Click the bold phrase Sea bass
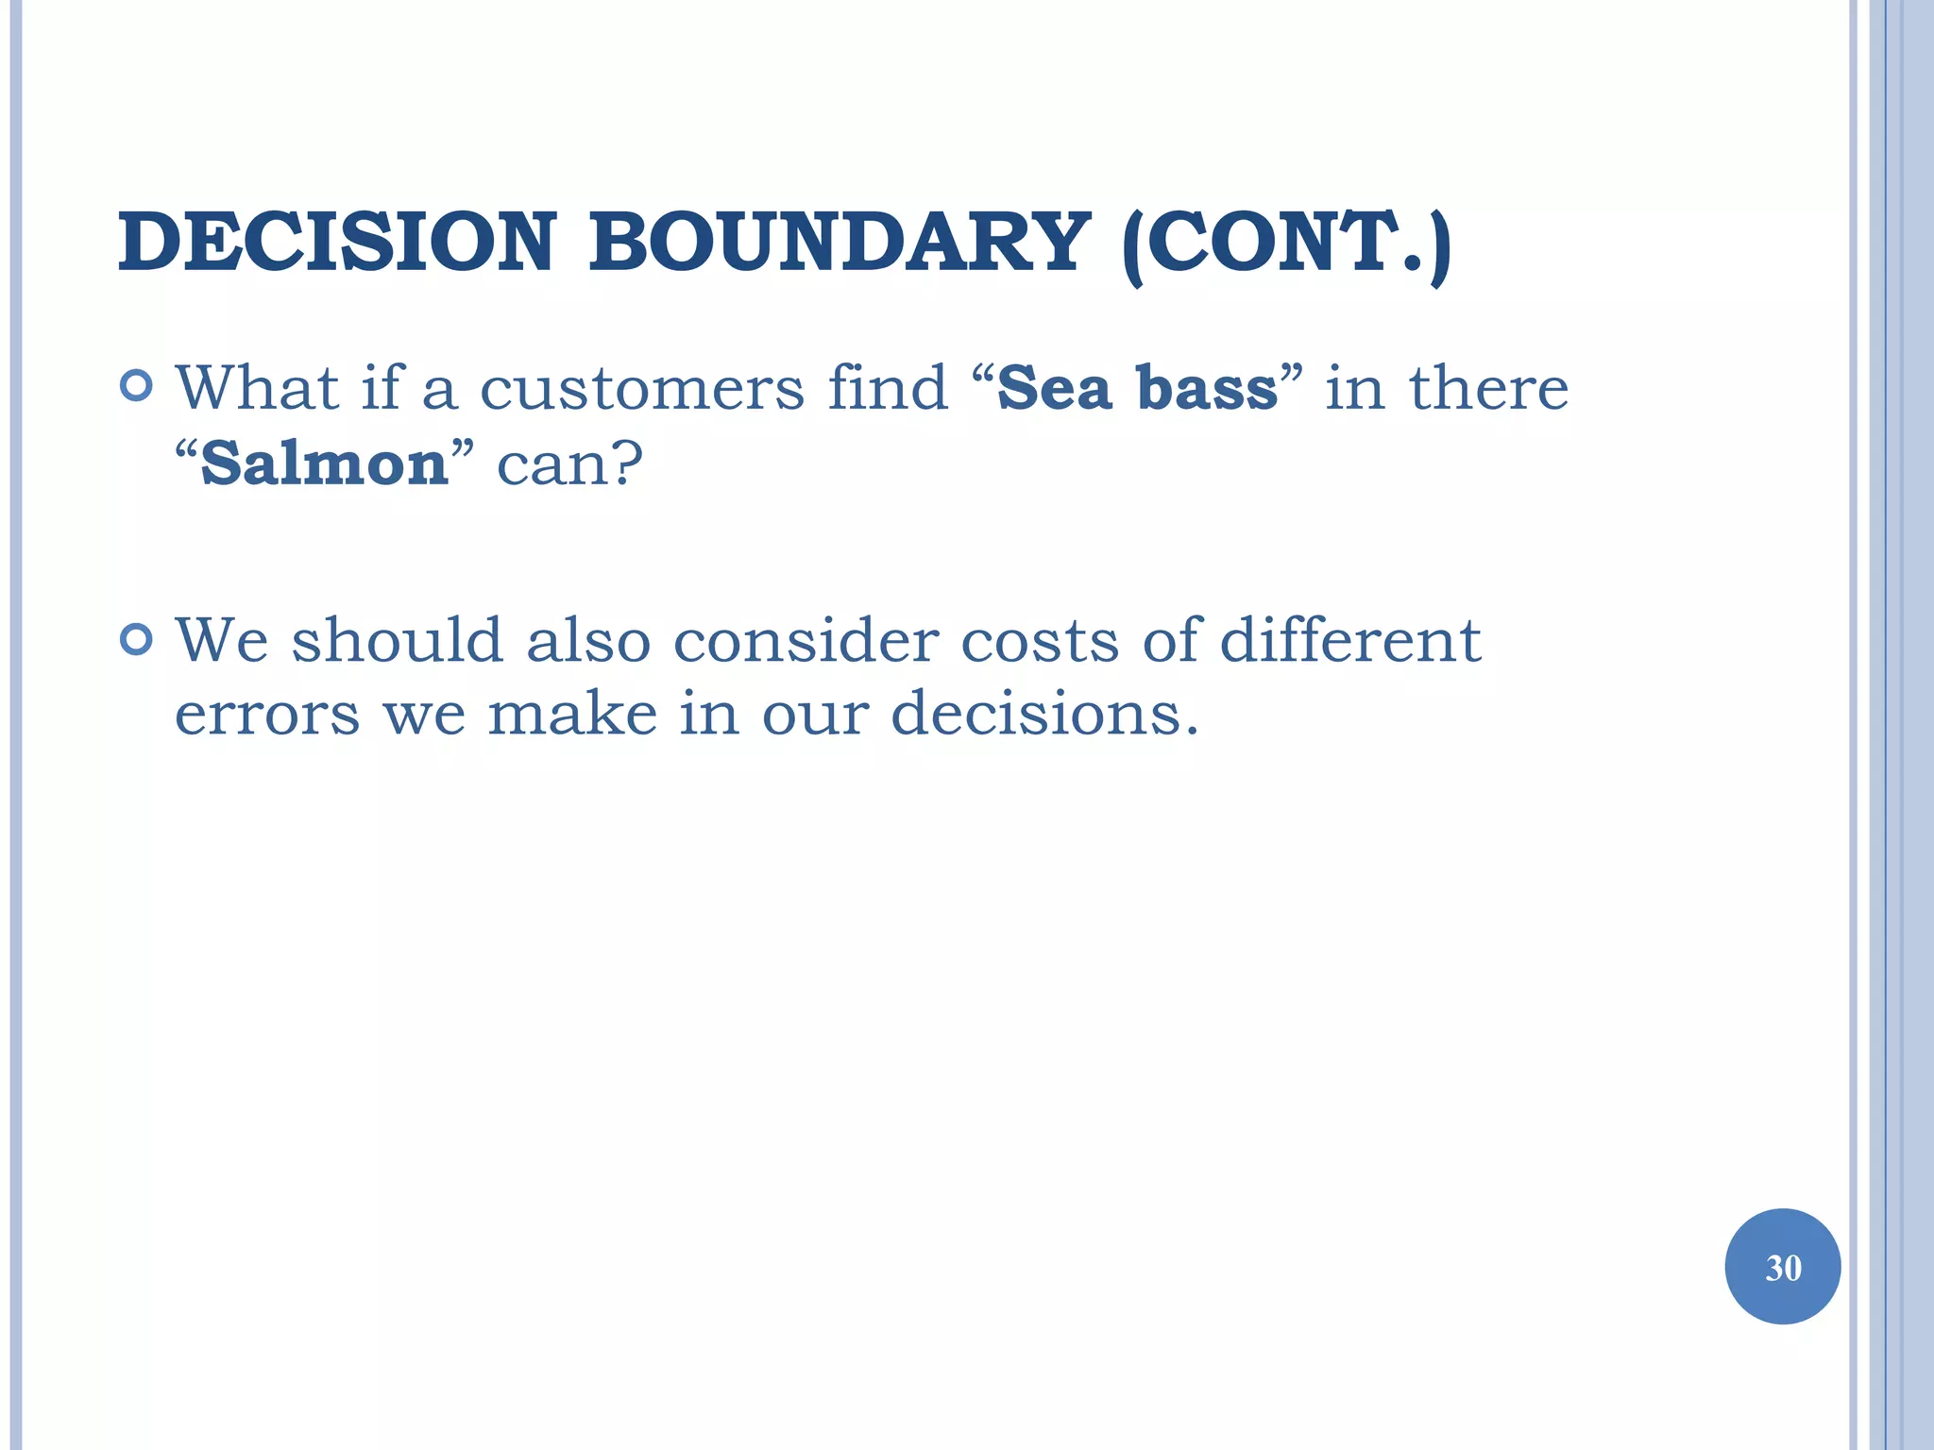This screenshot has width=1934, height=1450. click(1137, 388)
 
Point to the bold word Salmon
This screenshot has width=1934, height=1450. click(324, 464)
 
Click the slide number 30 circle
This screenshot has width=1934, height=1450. click(1782, 1267)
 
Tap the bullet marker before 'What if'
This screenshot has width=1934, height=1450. click(137, 386)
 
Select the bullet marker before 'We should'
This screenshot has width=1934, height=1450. click(137, 640)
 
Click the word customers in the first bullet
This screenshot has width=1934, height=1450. click(642, 388)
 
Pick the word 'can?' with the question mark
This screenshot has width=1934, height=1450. click(569, 464)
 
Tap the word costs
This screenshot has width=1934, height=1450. click(1040, 641)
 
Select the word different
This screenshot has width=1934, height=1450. click(1350, 641)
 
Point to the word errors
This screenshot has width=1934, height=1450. click(267, 715)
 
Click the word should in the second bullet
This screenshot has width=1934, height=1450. click(397, 641)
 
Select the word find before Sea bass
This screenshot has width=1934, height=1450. click(887, 388)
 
